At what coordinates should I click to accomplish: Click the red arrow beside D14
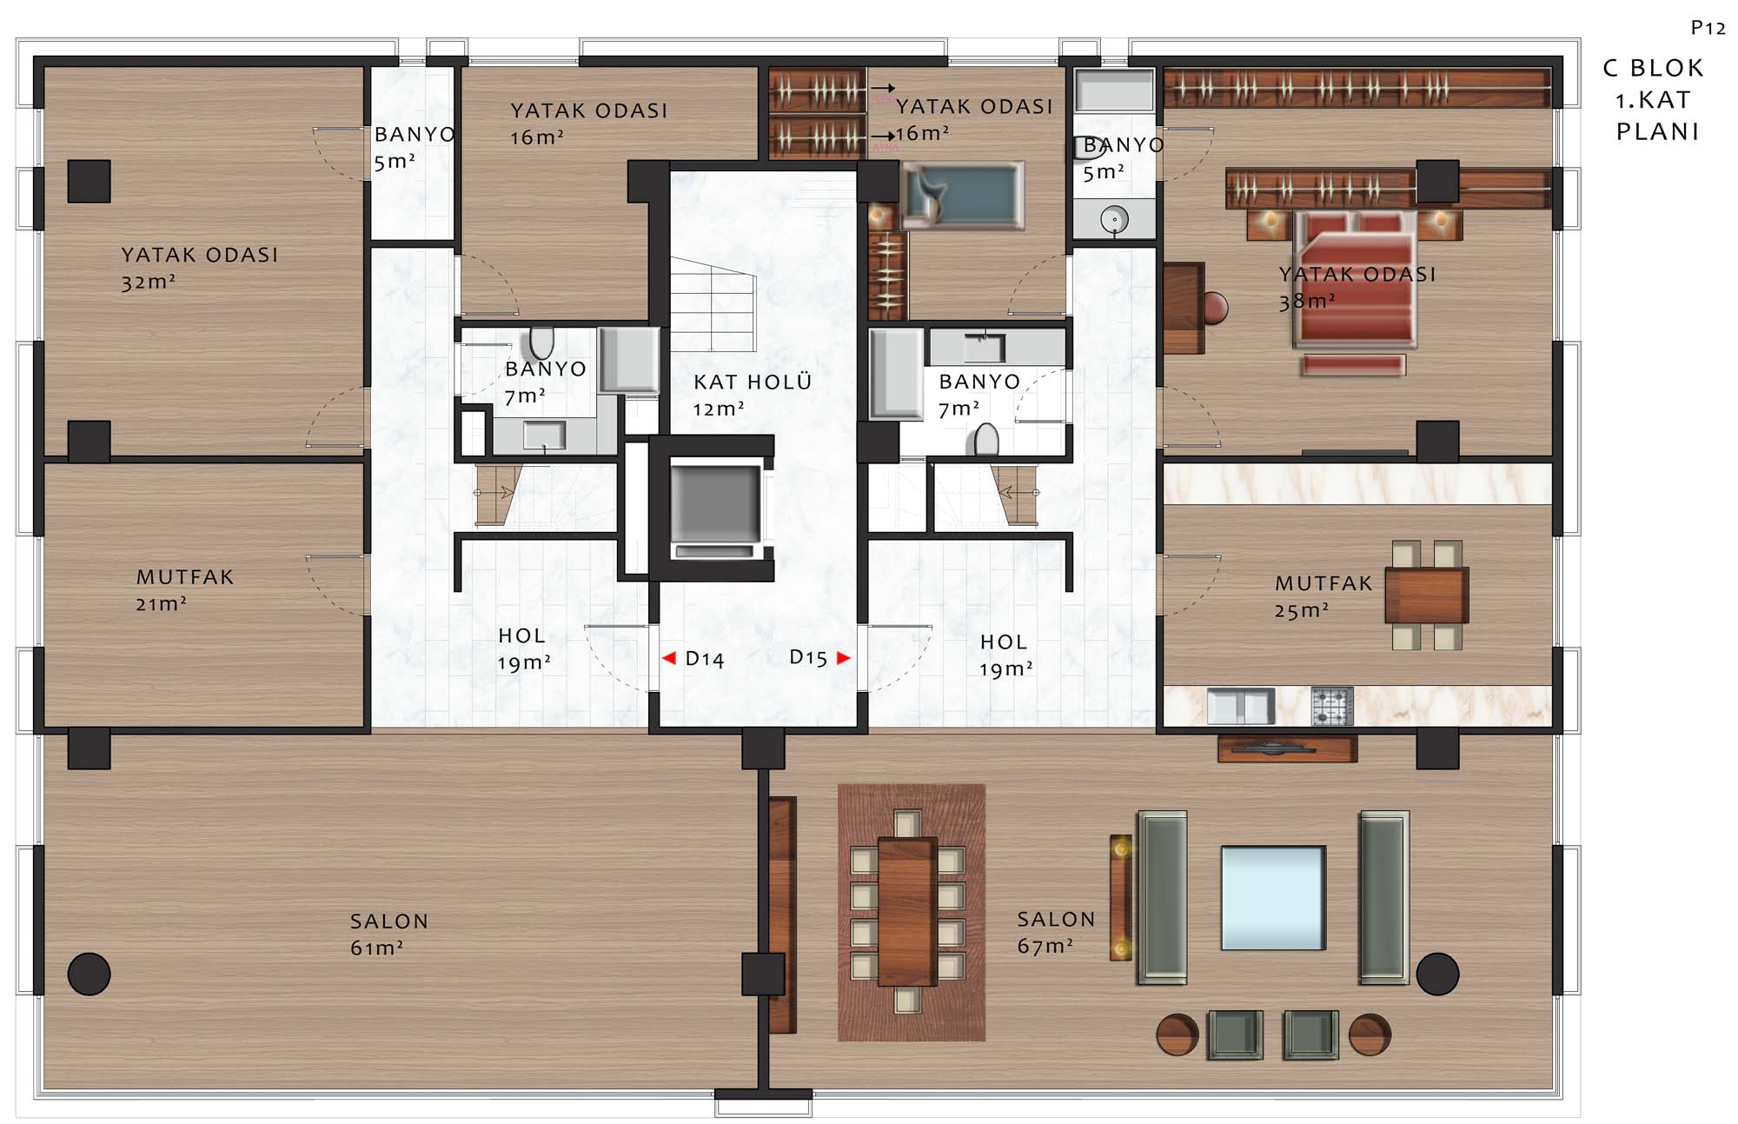click(x=668, y=658)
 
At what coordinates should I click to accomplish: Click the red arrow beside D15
click(x=843, y=658)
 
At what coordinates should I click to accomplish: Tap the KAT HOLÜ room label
click(x=752, y=395)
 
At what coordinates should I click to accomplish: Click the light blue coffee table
click(x=1273, y=898)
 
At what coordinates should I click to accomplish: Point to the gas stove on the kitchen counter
click(x=1332, y=706)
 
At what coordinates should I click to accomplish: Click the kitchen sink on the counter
click(x=1240, y=706)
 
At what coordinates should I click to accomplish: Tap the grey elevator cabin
click(x=715, y=503)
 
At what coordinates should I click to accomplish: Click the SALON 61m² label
click(x=388, y=934)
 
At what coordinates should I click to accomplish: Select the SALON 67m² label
click(x=1056, y=933)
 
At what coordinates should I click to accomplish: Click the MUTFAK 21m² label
click(x=184, y=590)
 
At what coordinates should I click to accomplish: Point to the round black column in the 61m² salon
click(x=89, y=974)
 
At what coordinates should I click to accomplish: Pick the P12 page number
click(x=1708, y=29)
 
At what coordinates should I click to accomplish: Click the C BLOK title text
click(x=1653, y=68)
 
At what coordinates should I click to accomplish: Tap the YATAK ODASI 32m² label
click(x=199, y=268)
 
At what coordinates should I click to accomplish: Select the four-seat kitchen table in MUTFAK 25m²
click(x=1426, y=595)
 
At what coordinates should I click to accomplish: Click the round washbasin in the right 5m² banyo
click(x=1114, y=219)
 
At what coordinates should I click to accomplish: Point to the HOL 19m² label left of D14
click(x=523, y=649)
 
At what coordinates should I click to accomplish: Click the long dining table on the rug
click(x=907, y=911)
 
